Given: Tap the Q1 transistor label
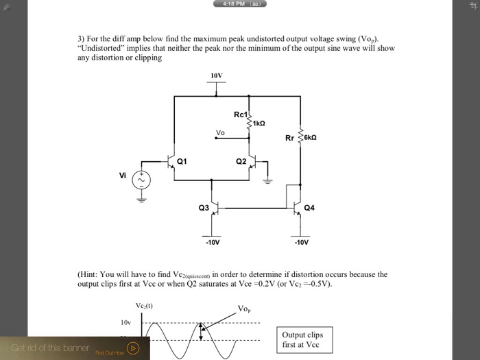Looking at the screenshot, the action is (182, 162).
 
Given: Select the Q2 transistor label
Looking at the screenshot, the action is (241, 162).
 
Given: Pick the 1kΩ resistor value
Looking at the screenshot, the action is (259, 123).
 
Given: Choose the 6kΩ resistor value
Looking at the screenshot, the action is (309, 137).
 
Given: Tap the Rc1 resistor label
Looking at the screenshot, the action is (240, 114).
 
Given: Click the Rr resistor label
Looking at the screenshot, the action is (289, 137).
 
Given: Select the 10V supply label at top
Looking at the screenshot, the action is (216, 75).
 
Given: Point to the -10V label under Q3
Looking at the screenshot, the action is (213, 242).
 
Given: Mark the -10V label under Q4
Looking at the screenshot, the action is (301, 242).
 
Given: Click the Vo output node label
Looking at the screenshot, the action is (220, 132).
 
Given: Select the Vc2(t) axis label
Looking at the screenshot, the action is (145, 305).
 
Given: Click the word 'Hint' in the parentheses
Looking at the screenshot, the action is (89, 274).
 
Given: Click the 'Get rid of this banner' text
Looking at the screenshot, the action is (50, 348).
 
